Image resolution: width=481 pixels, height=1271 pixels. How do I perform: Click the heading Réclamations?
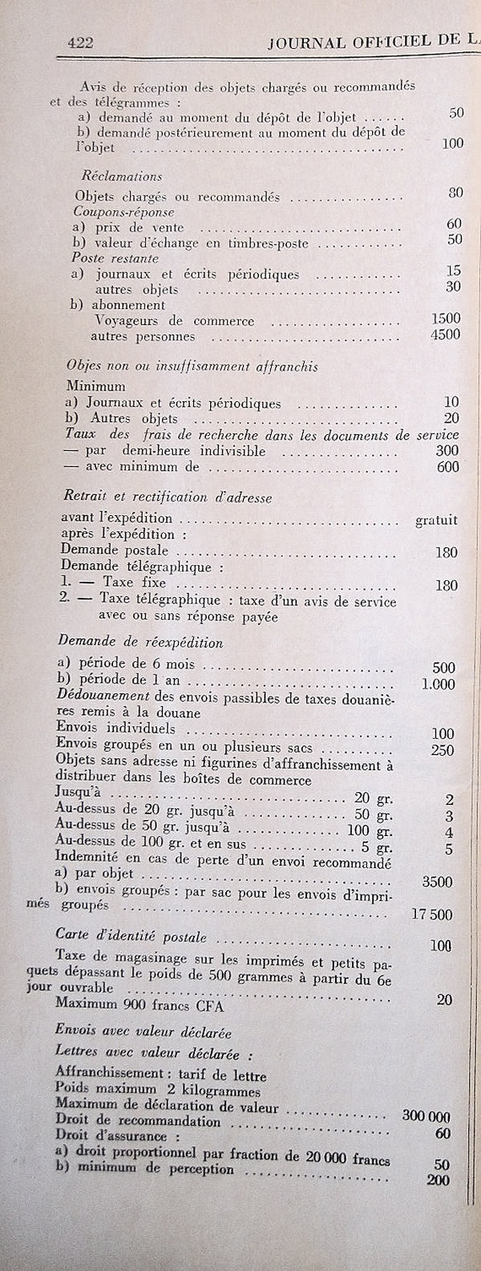[122, 177]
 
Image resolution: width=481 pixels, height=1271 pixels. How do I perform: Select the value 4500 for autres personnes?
[445, 335]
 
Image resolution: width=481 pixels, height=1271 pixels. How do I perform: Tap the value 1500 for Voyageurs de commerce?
[445, 319]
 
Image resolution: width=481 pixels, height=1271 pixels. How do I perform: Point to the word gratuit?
[436, 520]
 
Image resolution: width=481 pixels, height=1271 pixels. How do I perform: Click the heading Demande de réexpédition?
[141, 643]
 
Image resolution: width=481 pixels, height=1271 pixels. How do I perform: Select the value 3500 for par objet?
[437, 882]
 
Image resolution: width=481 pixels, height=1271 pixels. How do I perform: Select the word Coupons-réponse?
[117, 213]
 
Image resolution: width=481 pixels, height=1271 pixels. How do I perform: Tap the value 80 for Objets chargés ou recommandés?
[456, 193]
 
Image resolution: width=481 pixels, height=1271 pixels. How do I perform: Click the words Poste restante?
[115, 259]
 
